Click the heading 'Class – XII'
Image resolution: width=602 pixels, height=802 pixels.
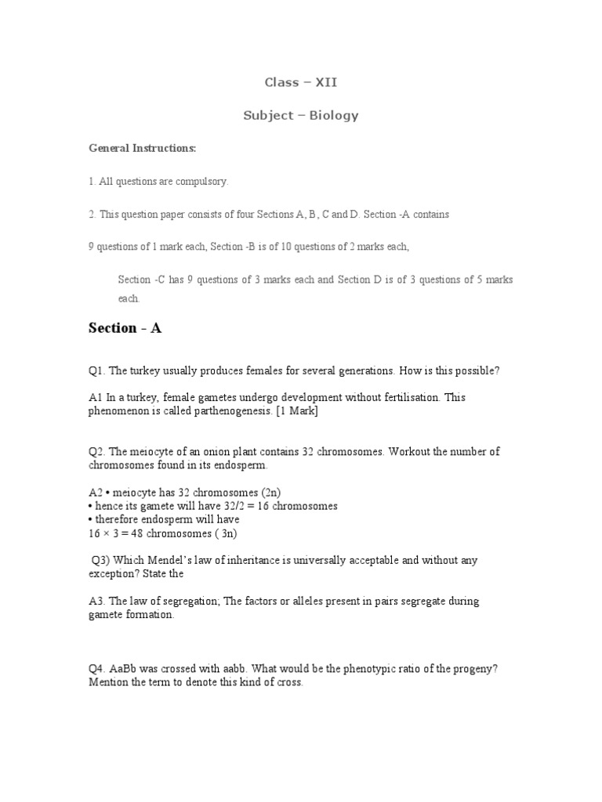pyautogui.click(x=301, y=81)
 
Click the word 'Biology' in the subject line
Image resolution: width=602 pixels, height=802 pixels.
pyautogui.click(x=333, y=115)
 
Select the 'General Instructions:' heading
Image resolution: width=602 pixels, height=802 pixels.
pyautogui.click(x=131, y=148)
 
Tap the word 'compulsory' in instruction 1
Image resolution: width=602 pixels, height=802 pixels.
pyautogui.click(x=202, y=182)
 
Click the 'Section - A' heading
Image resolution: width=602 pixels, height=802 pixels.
pyautogui.click(x=125, y=328)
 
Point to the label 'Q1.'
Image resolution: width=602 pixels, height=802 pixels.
pyautogui.click(x=97, y=370)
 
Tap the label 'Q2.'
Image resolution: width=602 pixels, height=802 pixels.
pyautogui.click(x=97, y=452)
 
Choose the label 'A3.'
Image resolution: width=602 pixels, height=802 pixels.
pyautogui.click(x=97, y=601)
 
